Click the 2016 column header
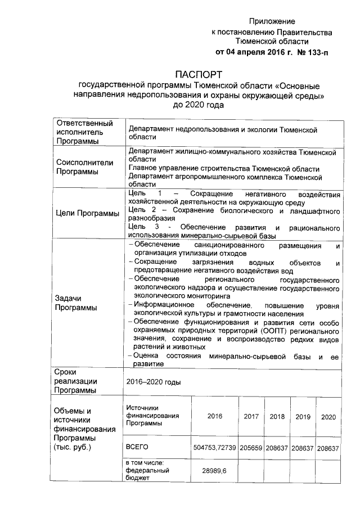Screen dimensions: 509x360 [x=215, y=417]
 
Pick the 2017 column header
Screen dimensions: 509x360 [x=251, y=417]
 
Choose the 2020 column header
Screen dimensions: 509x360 [x=328, y=417]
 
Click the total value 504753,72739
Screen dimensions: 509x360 [x=214, y=448]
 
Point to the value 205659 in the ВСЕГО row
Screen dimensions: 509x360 [x=251, y=448]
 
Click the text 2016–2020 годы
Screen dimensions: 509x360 [x=154, y=382]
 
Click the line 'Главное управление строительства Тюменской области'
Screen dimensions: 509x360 [x=224, y=168]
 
